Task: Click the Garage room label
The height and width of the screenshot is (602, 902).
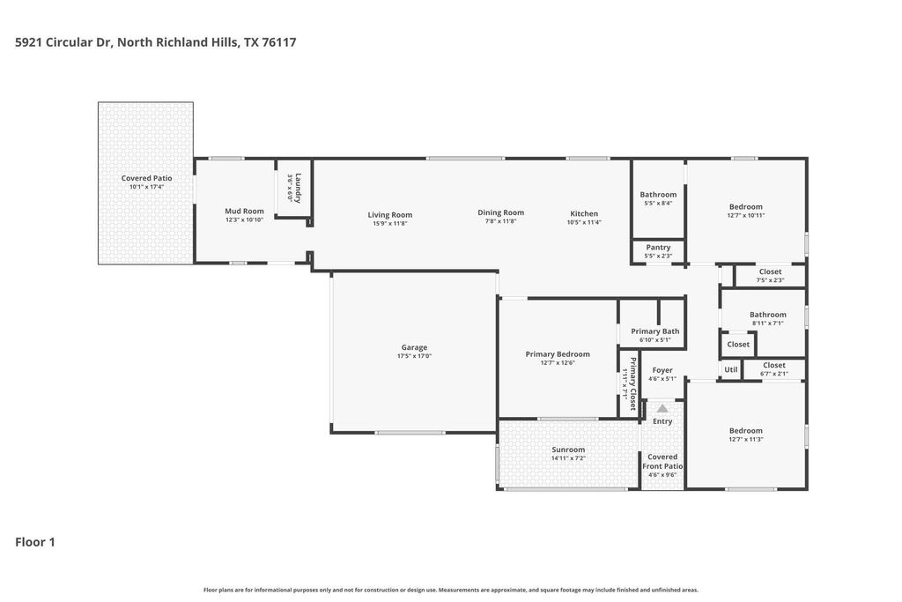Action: click(414, 347)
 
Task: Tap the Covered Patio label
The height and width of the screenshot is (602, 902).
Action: click(147, 178)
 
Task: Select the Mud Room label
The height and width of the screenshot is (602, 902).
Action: click(245, 212)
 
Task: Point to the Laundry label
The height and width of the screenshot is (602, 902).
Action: click(298, 188)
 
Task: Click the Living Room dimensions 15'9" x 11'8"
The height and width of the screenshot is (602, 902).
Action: click(390, 224)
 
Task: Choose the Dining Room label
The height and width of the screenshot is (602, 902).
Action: click(500, 212)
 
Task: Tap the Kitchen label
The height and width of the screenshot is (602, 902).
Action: click(584, 213)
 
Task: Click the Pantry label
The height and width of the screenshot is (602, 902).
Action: click(658, 248)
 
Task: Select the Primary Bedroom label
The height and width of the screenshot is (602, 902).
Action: click(558, 354)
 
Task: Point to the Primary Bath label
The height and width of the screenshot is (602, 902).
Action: click(655, 331)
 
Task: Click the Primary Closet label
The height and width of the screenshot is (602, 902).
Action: click(633, 384)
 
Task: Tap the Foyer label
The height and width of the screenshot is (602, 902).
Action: click(662, 370)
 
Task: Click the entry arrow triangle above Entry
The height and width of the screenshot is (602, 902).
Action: click(662, 409)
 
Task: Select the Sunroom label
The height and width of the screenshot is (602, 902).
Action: click(568, 450)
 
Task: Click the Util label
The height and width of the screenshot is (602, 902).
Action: click(730, 369)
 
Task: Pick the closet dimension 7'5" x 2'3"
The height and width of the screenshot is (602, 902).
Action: click(770, 281)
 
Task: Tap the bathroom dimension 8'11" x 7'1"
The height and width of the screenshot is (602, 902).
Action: click(768, 323)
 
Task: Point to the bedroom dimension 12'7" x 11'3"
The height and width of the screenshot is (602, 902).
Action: click(746, 440)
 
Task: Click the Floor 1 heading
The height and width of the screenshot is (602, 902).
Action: click(35, 542)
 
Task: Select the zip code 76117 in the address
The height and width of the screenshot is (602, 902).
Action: click(279, 42)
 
